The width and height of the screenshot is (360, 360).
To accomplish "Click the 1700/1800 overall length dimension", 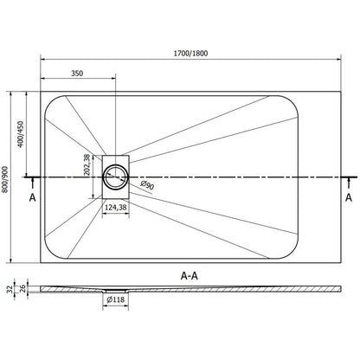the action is tap(190, 54).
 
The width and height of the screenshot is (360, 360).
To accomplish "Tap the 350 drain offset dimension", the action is tap(77, 74).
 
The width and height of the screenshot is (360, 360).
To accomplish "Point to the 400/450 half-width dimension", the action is tap(20, 134).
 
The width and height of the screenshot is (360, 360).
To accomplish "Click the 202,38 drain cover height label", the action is tap(87, 165).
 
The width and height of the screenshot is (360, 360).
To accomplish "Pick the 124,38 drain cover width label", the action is tap(115, 207).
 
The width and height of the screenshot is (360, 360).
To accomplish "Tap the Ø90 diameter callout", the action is tap(147, 185).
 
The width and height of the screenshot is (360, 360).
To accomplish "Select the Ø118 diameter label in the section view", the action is tap(116, 299).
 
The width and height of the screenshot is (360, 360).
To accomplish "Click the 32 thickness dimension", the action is tap(10, 289).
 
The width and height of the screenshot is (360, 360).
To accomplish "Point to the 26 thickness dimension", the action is tap(22, 288).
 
